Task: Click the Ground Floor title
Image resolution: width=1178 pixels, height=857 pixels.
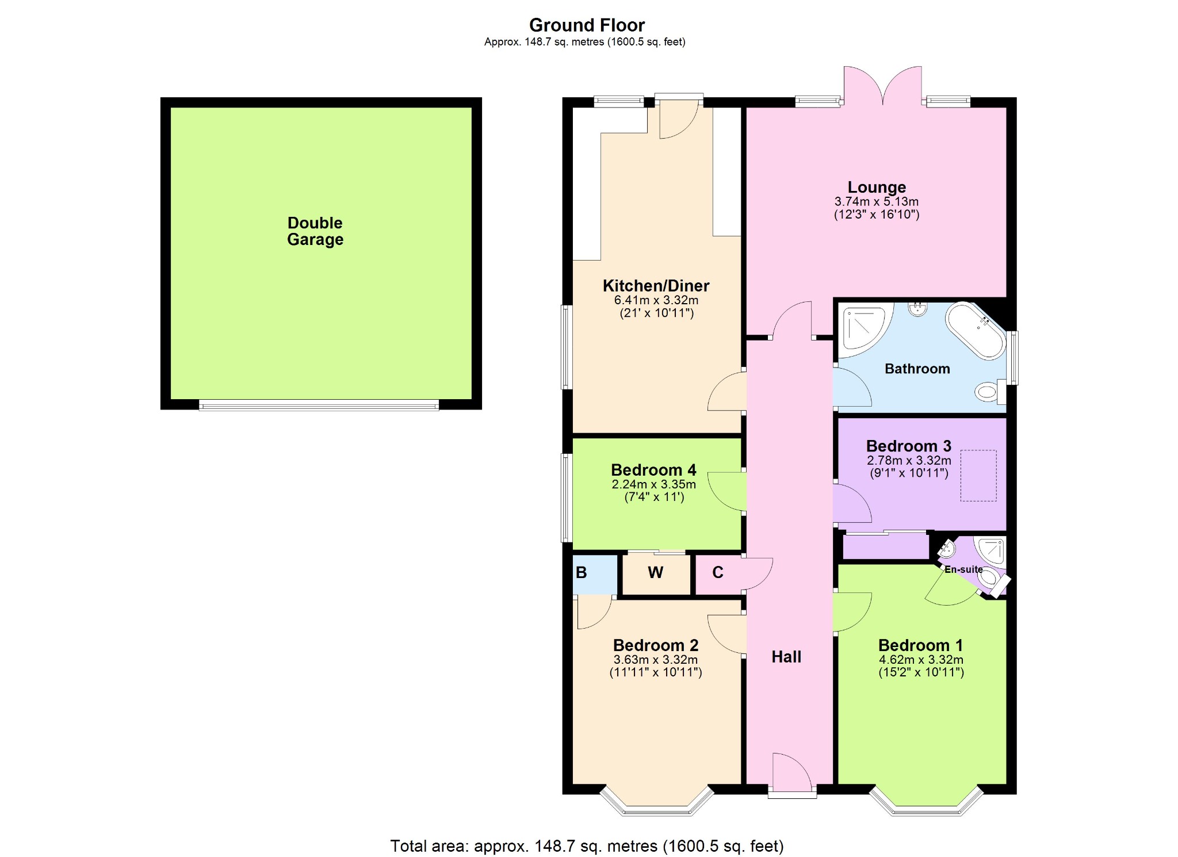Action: pos(587,25)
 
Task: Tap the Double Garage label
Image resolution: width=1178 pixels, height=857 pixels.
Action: pos(315,231)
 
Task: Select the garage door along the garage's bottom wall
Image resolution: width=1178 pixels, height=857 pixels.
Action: pos(319,405)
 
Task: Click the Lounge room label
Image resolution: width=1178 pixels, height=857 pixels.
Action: pos(877,187)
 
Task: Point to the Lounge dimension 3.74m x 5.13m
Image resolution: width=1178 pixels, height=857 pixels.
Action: pos(877,202)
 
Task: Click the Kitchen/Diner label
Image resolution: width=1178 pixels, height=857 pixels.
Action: pos(656,285)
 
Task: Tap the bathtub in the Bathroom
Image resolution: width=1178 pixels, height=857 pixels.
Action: pos(976,330)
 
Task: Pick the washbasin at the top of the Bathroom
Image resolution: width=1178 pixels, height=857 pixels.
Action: pos(917,309)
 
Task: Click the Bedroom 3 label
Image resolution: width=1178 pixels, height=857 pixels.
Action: pos(909,446)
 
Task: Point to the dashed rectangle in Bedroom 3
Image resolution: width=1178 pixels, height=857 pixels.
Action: pos(978,476)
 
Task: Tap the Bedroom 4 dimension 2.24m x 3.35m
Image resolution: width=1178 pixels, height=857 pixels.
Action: pos(654,484)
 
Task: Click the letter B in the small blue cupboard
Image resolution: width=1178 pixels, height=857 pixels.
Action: pos(582,573)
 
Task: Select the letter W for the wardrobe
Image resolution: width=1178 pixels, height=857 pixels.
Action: pos(656,573)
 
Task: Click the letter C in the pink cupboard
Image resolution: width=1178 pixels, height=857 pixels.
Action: pos(718,573)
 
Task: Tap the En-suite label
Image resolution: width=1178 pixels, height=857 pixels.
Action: pos(964,569)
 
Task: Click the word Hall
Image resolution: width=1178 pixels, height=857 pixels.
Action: pos(786,657)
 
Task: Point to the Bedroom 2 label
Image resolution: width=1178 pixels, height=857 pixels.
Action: pos(656,645)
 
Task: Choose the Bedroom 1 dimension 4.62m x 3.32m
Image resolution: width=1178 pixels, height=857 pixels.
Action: pos(921,660)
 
